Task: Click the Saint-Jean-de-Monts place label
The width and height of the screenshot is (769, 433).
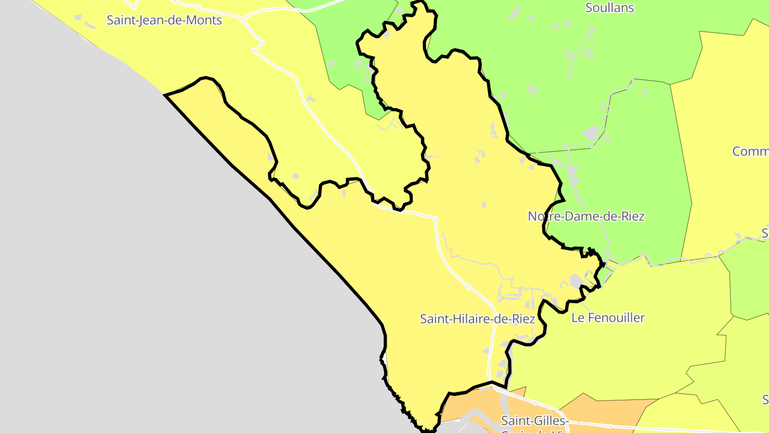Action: click(164, 20)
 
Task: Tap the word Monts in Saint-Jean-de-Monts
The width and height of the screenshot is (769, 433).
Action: click(205, 20)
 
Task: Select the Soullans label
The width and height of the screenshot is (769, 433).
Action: click(609, 8)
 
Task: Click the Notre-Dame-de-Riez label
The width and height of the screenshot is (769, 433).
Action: click(586, 216)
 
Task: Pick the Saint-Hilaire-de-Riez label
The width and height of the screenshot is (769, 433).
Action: click(477, 319)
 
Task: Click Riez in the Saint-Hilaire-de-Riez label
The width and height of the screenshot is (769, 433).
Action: click(523, 319)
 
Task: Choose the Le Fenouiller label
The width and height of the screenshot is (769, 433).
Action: click(608, 318)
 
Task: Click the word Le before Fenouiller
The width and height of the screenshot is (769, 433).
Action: click(577, 318)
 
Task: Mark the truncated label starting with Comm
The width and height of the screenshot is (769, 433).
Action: click(750, 151)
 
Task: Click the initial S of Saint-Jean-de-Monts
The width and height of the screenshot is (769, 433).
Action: click(111, 20)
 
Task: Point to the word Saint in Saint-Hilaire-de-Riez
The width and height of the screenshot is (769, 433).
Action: click(433, 319)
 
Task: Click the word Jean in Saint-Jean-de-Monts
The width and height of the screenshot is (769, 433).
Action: click(150, 20)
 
